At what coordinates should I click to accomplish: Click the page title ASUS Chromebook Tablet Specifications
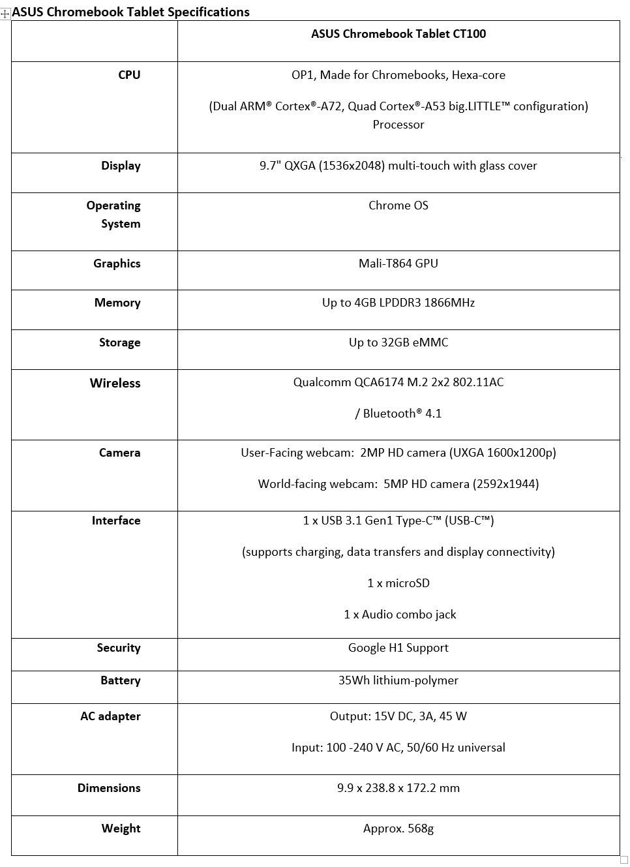(x=130, y=12)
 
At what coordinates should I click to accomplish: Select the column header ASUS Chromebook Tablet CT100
(x=398, y=34)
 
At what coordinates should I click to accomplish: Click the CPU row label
(x=129, y=75)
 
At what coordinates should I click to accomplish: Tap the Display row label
(x=121, y=166)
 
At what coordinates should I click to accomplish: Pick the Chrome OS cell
(x=398, y=205)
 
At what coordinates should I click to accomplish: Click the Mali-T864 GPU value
(x=398, y=264)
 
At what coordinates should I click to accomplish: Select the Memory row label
(x=117, y=303)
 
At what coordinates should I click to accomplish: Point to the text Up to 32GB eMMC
(x=398, y=342)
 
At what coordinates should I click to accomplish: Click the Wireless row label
(x=115, y=384)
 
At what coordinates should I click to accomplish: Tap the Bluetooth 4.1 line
(x=398, y=414)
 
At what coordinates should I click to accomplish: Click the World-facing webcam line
(x=398, y=484)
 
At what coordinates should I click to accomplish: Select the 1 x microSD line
(x=398, y=583)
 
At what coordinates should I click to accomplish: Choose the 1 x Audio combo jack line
(x=399, y=615)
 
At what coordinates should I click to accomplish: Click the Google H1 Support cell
(x=398, y=648)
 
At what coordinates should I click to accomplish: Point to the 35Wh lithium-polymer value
(x=398, y=680)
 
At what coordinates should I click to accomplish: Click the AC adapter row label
(x=110, y=716)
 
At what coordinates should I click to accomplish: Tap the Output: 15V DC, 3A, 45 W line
(x=398, y=716)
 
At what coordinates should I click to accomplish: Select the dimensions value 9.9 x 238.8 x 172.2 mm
(x=398, y=788)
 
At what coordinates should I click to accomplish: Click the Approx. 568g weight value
(x=398, y=829)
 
